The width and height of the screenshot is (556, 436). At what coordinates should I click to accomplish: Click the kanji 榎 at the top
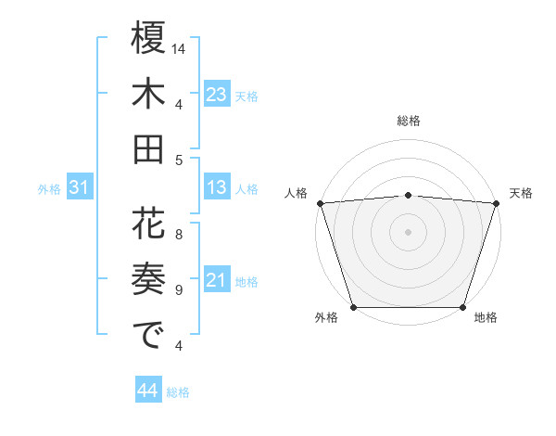pyautogui.click(x=148, y=39)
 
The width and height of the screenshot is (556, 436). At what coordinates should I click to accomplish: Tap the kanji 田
pyautogui.click(x=148, y=148)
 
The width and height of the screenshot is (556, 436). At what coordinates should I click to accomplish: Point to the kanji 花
pyautogui.click(x=148, y=225)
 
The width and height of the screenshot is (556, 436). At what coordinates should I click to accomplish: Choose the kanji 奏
pyautogui.click(x=148, y=280)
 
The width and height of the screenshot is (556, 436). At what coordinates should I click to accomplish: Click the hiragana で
pyautogui.click(x=148, y=335)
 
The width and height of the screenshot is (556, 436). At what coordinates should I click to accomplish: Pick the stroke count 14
pyautogui.click(x=180, y=47)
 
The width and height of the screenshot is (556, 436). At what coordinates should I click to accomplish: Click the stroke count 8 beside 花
pyautogui.click(x=179, y=235)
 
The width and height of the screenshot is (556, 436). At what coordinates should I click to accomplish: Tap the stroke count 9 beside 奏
pyautogui.click(x=179, y=289)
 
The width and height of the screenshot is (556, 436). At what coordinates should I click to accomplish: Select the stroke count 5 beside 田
pyautogui.click(x=179, y=159)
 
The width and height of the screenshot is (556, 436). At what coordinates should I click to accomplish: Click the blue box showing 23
pyautogui.click(x=217, y=95)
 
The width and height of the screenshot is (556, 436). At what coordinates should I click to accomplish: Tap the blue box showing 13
pyautogui.click(x=217, y=188)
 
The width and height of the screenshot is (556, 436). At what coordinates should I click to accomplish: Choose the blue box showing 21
pyautogui.click(x=217, y=281)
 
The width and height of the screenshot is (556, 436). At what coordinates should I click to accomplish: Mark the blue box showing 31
pyautogui.click(x=80, y=188)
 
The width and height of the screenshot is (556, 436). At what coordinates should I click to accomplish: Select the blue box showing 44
pyautogui.click(x=147, y=391)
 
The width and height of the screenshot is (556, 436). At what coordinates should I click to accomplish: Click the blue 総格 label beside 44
pyautogui.click(x=178, y=392)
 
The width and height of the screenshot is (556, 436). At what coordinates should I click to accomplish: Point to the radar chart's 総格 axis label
pyautogui.click(x=408, y=121)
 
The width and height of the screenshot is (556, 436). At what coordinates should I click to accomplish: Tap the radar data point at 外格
pyautogui.click(x=353, y=307)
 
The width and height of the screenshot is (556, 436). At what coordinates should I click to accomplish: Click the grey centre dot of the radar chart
pyautogui.click(x=408, y=231)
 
